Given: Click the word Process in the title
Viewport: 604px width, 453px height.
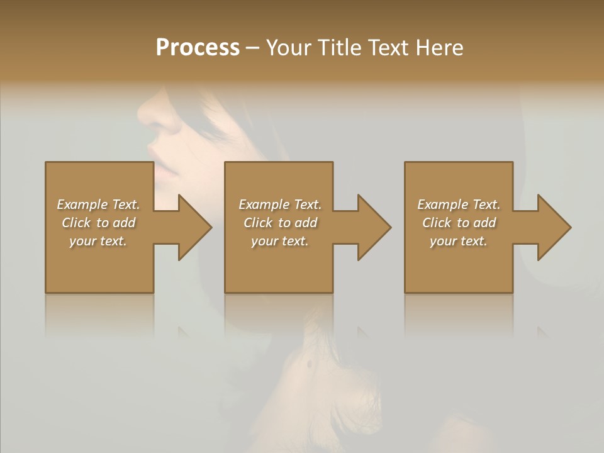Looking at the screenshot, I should (x=198, y=48).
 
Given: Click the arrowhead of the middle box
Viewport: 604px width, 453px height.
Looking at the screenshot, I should (x=374, y=227).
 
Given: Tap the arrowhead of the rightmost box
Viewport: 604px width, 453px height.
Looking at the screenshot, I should (x=554, y=227).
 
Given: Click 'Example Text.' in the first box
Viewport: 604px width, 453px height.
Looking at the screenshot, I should (x=98, y=204).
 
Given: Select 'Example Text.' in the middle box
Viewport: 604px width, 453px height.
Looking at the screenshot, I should (x=280, y=204).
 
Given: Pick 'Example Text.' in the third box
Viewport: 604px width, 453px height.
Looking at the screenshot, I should (x=459, y=204).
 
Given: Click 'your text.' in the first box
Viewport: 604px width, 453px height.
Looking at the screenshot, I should (x=98, y=241).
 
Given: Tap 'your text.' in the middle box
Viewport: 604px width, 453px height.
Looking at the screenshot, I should (x=280, y=241).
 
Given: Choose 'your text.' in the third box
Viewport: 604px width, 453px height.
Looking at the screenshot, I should (x=459, y=241).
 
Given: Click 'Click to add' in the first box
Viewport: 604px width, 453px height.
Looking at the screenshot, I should (x=98, y=223).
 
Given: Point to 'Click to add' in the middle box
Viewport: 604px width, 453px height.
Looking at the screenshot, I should (x=280, y=223).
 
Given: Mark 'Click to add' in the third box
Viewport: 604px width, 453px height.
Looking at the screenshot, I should (x=459, y=223).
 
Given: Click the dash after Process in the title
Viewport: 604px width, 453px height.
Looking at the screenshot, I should (x=253, y=48).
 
